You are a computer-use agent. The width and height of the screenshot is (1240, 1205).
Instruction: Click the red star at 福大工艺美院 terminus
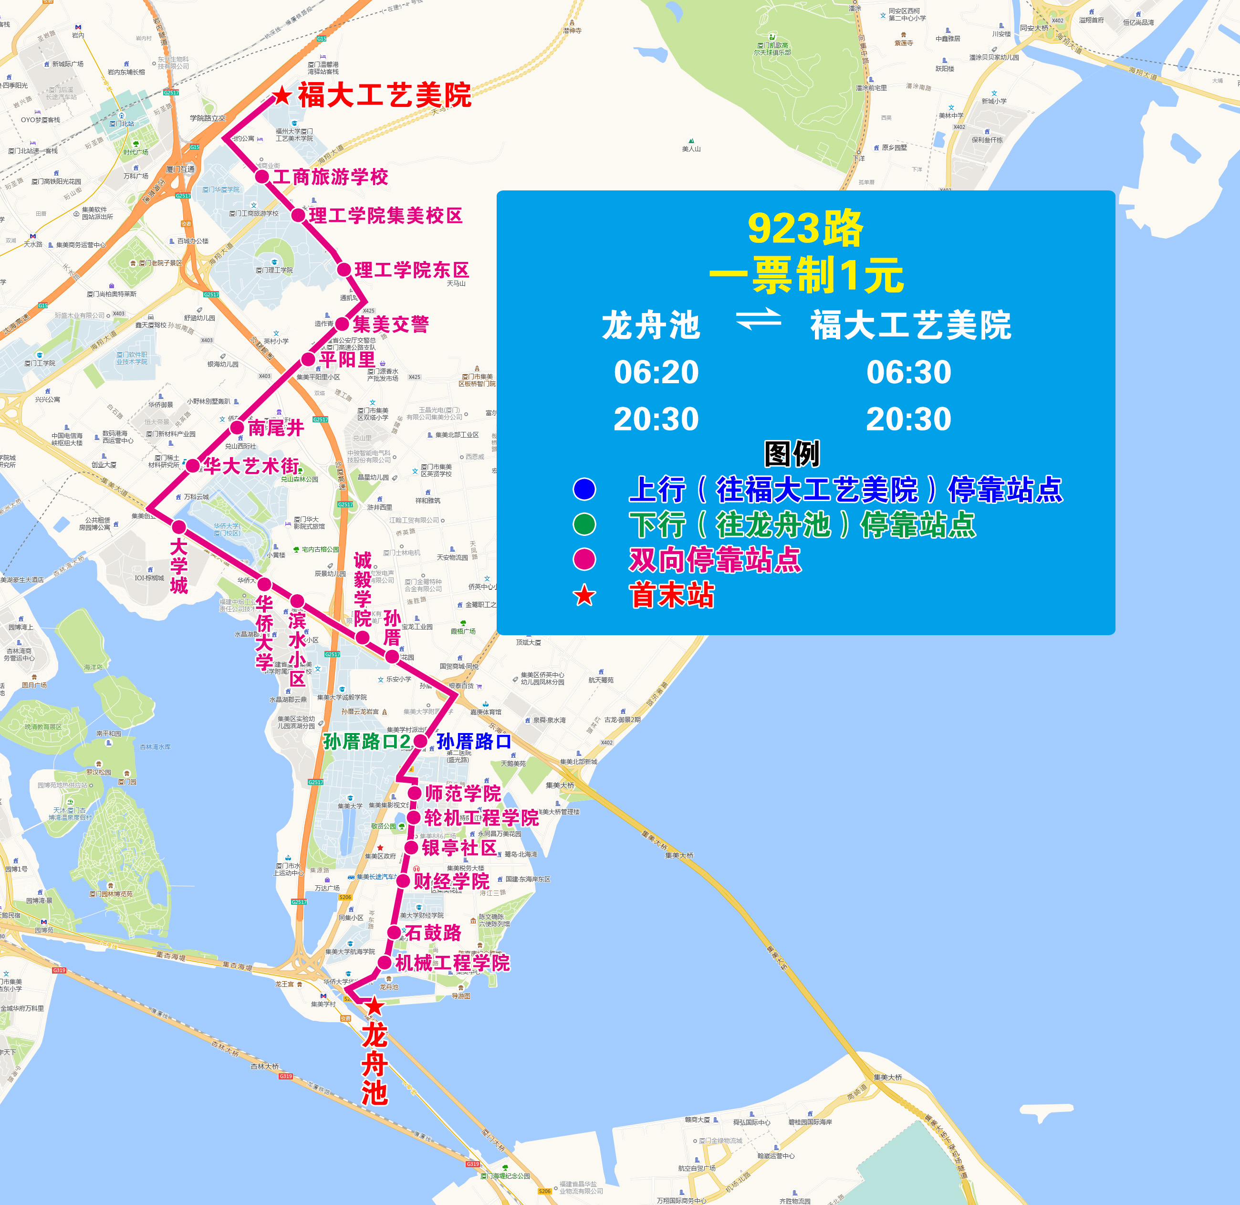click(x=281, y=96)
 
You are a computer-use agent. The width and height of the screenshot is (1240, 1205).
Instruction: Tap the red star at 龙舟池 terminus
click(x=375, y=1006)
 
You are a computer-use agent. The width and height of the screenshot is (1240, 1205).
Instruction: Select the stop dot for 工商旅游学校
click(x=262, y=177)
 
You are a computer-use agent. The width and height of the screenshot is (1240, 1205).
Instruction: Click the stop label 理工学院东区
click(x=411, y=270)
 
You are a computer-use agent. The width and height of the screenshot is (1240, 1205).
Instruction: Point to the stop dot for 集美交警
click(x=342, y=324)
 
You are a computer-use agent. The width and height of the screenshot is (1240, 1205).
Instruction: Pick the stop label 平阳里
click(x=347, y=359)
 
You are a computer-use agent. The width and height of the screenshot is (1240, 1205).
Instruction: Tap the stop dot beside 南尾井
click(x=237, y=428)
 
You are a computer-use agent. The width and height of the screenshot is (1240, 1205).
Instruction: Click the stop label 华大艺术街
click(x=251, y=466)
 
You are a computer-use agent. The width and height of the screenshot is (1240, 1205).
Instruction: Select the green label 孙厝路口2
click(x=367, y=741)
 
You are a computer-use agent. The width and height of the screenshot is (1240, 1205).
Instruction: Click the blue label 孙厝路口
click(x=474, y=741)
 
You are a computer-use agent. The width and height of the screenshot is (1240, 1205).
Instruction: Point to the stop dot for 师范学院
click(x=415, y=793)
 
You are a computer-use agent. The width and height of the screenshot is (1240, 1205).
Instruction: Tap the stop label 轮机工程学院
click(x=481, y=817)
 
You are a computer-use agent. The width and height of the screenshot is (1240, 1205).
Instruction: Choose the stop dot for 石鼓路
click(x=394, y=932)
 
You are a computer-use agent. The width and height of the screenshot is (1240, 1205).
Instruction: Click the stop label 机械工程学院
click(x=452, y=963)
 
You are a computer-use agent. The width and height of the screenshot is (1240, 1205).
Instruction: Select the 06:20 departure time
click(x=656, y=372)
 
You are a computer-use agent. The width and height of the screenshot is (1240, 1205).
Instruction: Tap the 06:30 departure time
click(x=908, y=372)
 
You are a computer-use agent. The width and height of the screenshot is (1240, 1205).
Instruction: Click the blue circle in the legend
click(x=584, y=489)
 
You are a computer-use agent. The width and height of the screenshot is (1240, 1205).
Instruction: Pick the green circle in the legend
click(x=584, y=524)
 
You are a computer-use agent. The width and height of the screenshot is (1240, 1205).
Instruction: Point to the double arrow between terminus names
click(x=758, y=320)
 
